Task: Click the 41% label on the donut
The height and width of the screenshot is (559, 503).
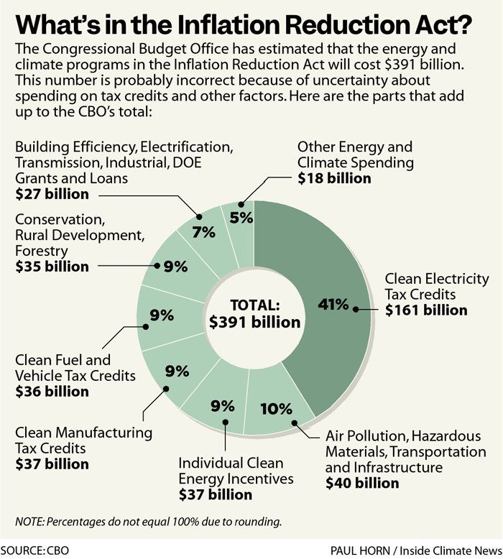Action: (333, 304)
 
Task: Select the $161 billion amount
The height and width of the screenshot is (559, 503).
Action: (426, 310)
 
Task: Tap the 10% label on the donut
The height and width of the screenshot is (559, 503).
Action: (277, 410)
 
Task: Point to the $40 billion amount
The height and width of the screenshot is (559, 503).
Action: (362, 483)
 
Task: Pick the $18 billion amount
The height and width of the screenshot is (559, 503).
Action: (335, 178)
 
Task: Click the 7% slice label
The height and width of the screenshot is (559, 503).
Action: (203, 232)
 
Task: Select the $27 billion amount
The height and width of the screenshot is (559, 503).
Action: (52, 194)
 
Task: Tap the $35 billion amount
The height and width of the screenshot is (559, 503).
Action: (52, 267)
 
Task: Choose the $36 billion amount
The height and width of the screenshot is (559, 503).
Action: (52, 392)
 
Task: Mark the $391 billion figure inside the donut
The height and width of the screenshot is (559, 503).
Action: (254, 322)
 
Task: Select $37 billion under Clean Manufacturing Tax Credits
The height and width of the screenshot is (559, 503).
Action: (52, 464)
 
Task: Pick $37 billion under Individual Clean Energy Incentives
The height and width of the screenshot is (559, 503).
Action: (215, 494)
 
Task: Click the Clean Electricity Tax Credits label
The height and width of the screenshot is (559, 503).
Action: (436, 287)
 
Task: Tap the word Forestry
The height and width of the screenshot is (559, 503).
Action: (42, 251)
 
